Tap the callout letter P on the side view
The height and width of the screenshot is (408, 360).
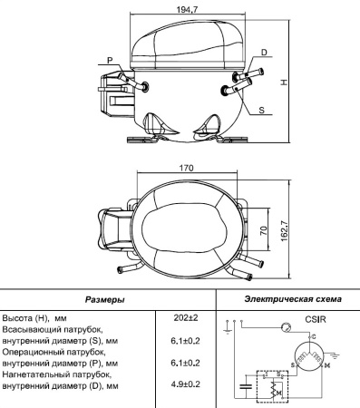click(110, 60)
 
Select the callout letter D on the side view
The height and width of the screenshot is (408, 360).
click(264, 53)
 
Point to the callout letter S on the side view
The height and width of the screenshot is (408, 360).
click(262, 110)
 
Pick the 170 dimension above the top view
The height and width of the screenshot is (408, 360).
click(186, 169)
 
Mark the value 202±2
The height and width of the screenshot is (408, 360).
click(186, 318)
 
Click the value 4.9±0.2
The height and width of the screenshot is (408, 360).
click(186, 384)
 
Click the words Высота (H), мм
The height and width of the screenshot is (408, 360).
click(36, 319)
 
